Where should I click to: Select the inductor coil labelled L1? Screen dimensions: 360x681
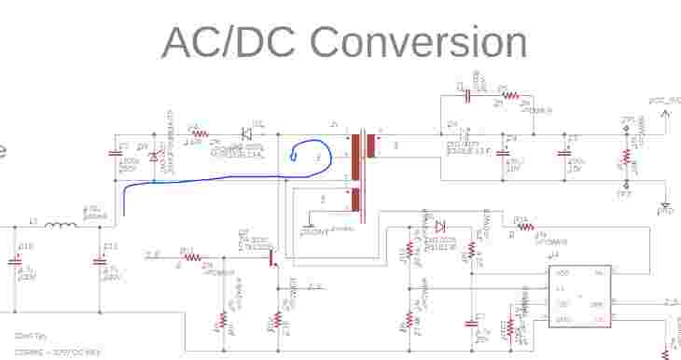coord(63,226)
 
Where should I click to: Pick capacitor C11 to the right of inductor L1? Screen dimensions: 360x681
coord(100,261)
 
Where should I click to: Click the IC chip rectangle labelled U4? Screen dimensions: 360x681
coord(580,296)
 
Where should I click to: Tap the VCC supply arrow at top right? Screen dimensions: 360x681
coord(665,114)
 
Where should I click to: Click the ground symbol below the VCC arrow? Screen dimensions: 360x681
coord(665,210)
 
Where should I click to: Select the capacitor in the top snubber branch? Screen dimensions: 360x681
coord(468,94)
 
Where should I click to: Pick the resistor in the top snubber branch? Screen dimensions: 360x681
coord(509,97)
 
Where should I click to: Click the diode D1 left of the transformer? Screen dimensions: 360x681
coord(248,133)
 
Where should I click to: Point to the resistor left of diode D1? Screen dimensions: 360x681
coord(197,133)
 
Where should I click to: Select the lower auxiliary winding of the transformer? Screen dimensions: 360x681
coord(357,200)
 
